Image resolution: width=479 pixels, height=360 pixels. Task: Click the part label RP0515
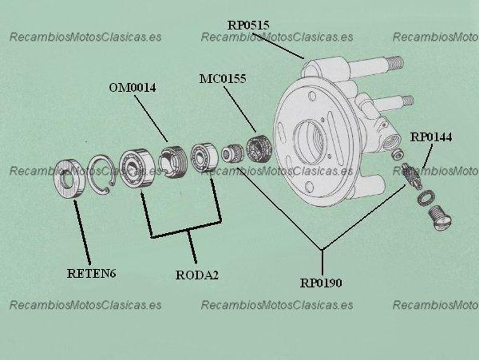(x=248, y=25)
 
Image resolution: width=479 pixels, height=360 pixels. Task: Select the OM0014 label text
(x=132, y=87)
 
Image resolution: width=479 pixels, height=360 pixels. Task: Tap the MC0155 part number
(x=223, y=79)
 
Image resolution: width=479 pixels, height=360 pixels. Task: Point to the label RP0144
(x=431, y=137)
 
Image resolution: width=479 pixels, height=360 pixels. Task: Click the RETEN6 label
(x=92, y=274)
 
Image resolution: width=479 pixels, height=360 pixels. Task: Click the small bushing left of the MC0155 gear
(x=231, y=153)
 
